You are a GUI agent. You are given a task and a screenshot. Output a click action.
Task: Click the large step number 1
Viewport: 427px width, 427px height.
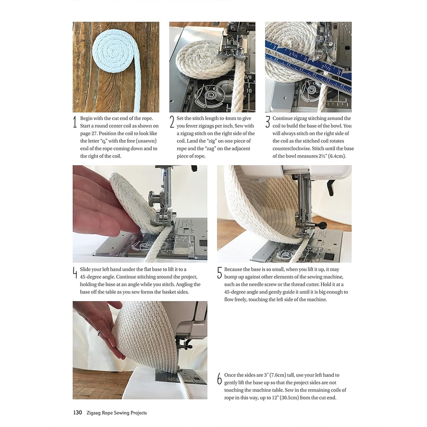pyautogui.click(x=75, y=122)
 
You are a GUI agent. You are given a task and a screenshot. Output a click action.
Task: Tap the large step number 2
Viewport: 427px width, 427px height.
pyautogui.click(x=172, y=122)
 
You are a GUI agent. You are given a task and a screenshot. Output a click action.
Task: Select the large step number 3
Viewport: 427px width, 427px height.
pyautogui.click(x=268, y=122)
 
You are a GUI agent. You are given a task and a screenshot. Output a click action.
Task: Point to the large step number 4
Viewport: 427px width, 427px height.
pyautogui.click(x=75, y=273)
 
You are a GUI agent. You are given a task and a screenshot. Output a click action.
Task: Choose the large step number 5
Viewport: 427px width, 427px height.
pyautogui.click(x=219, y=273)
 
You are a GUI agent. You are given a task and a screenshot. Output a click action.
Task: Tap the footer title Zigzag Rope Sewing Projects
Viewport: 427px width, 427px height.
pyautogui.click(x=116, y=413)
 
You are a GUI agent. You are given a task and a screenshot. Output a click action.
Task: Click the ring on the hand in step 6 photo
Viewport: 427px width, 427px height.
pyautogui.click(x=99, y=333)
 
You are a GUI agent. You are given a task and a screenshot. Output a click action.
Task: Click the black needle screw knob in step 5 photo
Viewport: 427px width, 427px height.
pyautogui.click(x=323, y=226)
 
